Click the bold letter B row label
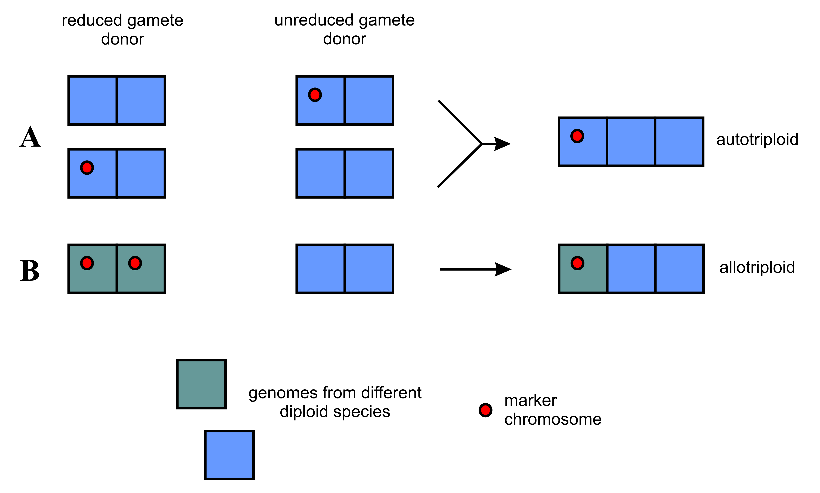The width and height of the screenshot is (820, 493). click(30, 270)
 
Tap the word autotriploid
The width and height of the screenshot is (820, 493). click(757, 140)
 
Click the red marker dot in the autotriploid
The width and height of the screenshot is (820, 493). click(577, 136)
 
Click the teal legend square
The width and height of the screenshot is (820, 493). click(202, 384)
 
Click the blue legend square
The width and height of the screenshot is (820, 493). click(230, 455)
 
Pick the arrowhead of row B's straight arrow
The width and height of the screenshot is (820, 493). click(503, 269)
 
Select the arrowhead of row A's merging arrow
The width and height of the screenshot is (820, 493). click(502, 144)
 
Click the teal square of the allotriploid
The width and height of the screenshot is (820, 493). click(583, 269)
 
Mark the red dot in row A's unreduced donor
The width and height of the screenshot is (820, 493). click(315, 95)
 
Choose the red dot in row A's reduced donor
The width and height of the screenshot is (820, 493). click(87, 168)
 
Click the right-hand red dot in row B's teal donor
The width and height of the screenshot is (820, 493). click(135, 263)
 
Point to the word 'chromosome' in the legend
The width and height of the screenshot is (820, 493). click(553, 419)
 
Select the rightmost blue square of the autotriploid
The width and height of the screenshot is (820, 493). click(679, 142)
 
